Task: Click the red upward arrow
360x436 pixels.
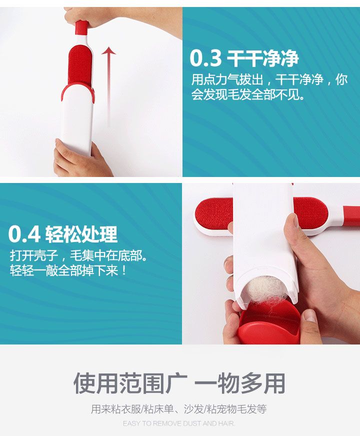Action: (108, 85)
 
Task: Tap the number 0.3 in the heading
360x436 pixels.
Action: (205, 58)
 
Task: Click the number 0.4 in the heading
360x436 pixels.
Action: (24, 234)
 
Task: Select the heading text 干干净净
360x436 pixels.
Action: (262, 58)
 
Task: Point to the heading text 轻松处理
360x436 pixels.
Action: (81, 234)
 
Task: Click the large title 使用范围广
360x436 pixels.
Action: (130, 383)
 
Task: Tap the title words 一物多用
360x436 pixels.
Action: (239, 383)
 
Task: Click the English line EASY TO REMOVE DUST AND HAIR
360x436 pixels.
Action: (179, 423)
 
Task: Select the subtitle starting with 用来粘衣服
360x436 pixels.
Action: (179, 409)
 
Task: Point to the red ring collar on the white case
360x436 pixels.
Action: (77, 91)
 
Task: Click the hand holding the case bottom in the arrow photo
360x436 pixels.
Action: (80, 159)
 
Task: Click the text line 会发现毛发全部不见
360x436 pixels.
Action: (247, 95)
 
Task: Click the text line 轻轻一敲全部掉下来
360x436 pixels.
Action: (68, 270)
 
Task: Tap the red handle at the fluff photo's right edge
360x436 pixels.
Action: (351, 216)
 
